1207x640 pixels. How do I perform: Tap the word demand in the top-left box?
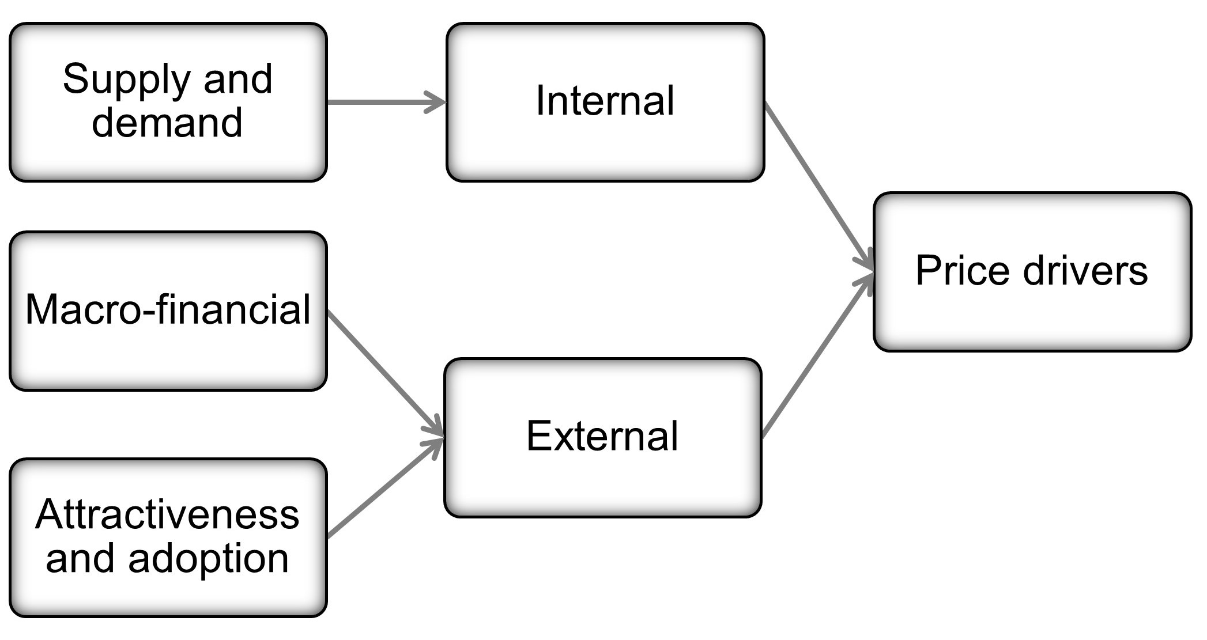click(167, 123)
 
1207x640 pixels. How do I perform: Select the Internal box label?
click(605, 101)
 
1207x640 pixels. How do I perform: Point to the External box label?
click(602, 436)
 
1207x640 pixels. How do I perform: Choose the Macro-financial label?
click(168, 310)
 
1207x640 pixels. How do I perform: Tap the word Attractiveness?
click(167, 514)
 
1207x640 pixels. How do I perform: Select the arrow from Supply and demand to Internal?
click(380, 103)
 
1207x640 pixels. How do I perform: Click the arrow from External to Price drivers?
click(816, 357)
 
